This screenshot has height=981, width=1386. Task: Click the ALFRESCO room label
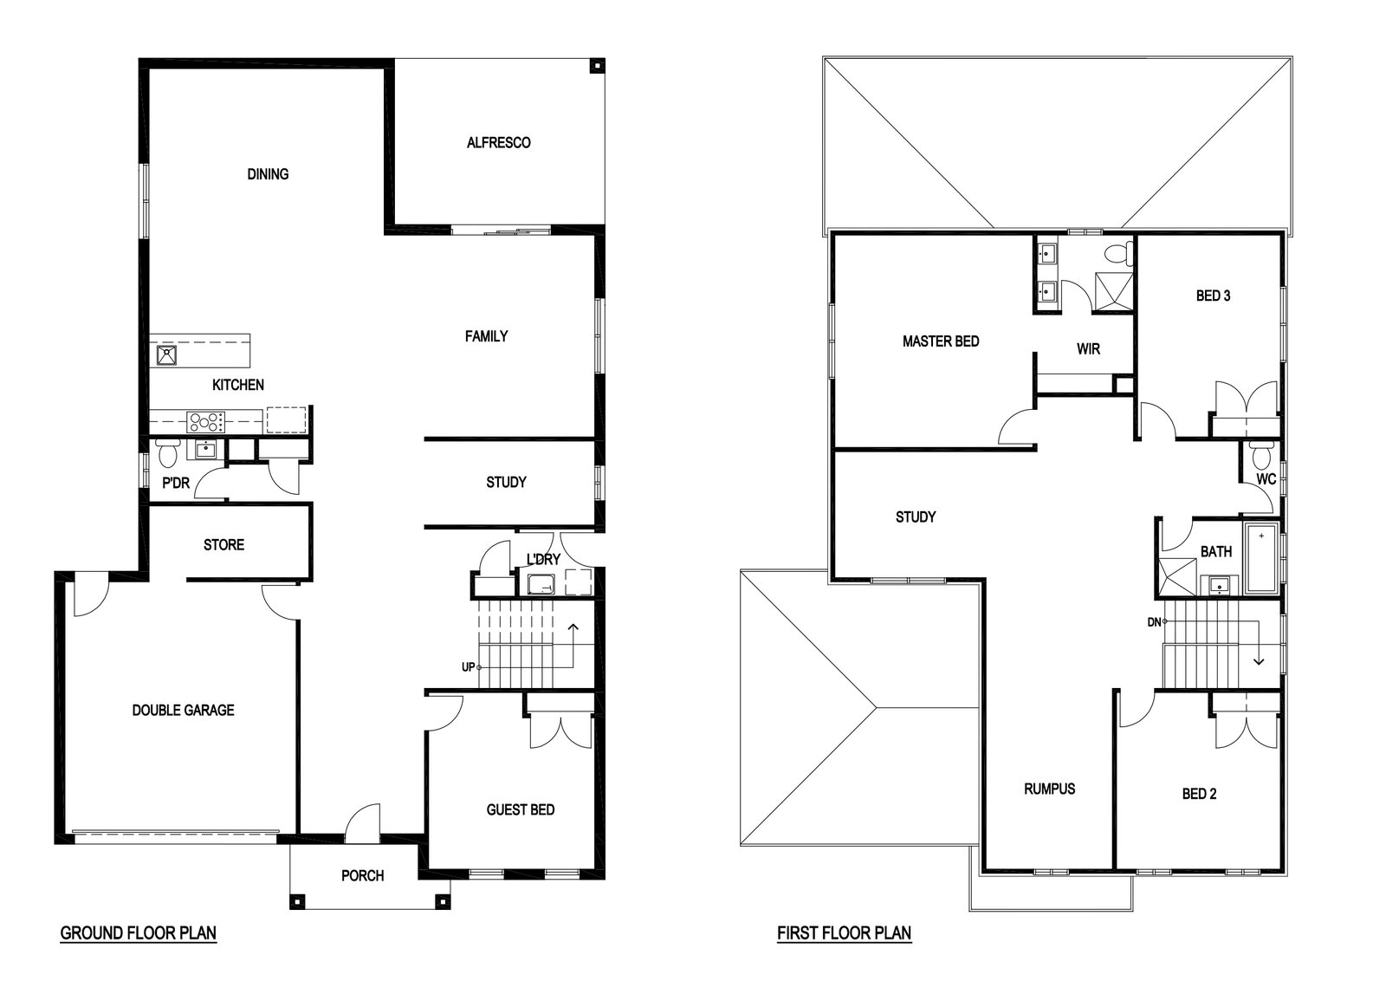(x=498, y=143)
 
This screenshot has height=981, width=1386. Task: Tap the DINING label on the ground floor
(x=268, y=174)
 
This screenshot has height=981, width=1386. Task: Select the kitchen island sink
(x=166, y=356)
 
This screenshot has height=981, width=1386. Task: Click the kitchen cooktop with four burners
(x=205, y=421)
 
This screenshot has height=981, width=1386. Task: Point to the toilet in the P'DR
(x=167, y=453)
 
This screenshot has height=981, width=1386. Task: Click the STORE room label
(x=224, y=544)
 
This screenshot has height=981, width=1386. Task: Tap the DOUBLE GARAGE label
(x=183, y=710)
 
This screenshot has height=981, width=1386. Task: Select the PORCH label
(x=363, y=876)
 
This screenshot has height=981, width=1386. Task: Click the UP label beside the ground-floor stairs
(x=469, y=667)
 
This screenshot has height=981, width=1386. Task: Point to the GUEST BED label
(x=521, y=809)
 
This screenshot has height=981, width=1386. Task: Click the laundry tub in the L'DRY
(x=541, y=584)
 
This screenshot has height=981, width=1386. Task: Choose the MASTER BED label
(x=941, y=341)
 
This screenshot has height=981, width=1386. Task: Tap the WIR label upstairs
(x=1088, y=349)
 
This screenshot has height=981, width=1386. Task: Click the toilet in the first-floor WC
(x=1260, y=456)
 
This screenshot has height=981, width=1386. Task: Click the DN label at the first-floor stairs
(x=1154, y=622)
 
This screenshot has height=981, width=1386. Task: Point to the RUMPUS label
(x=1049, y=789)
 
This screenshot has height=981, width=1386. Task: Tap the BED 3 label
(x=1213, y=296)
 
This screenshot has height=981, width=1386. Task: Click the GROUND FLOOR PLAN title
(x=138, y=933)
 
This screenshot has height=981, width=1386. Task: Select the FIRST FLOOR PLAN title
(x=844, y=933)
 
